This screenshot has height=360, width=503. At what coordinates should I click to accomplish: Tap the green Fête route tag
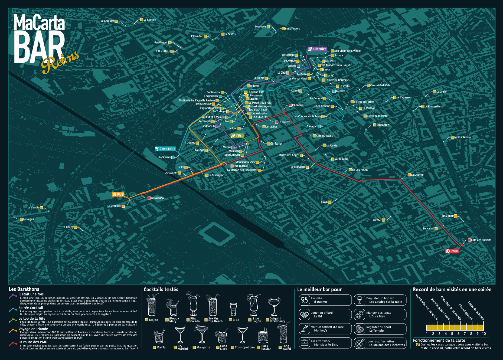pos(237,136)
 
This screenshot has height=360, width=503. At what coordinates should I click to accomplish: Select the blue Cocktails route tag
pos(166,149)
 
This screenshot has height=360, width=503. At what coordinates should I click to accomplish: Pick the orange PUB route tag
pos(118,194)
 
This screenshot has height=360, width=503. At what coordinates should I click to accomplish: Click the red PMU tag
pos(452,251)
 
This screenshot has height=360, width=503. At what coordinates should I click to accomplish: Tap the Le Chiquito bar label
pos(107,21)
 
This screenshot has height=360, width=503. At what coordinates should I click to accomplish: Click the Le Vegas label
pos(28,219)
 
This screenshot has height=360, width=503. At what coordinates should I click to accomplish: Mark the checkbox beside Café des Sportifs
pos(469,240)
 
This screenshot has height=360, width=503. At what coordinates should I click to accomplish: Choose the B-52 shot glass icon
pos(233,308)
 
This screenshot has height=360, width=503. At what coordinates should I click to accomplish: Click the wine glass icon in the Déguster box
pos(360,301)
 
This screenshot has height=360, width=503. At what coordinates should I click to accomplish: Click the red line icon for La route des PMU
pos(13,344)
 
